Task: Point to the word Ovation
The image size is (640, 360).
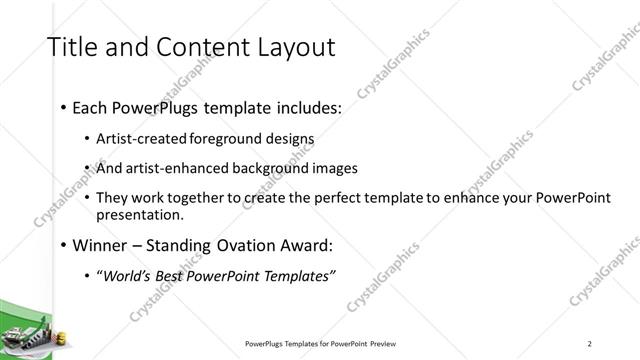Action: tap(236, 245)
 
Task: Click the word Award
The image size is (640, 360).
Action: tap(304, 245)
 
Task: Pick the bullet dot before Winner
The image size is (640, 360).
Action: tap(64, 245)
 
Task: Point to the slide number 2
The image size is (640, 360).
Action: tap(590, 344)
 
